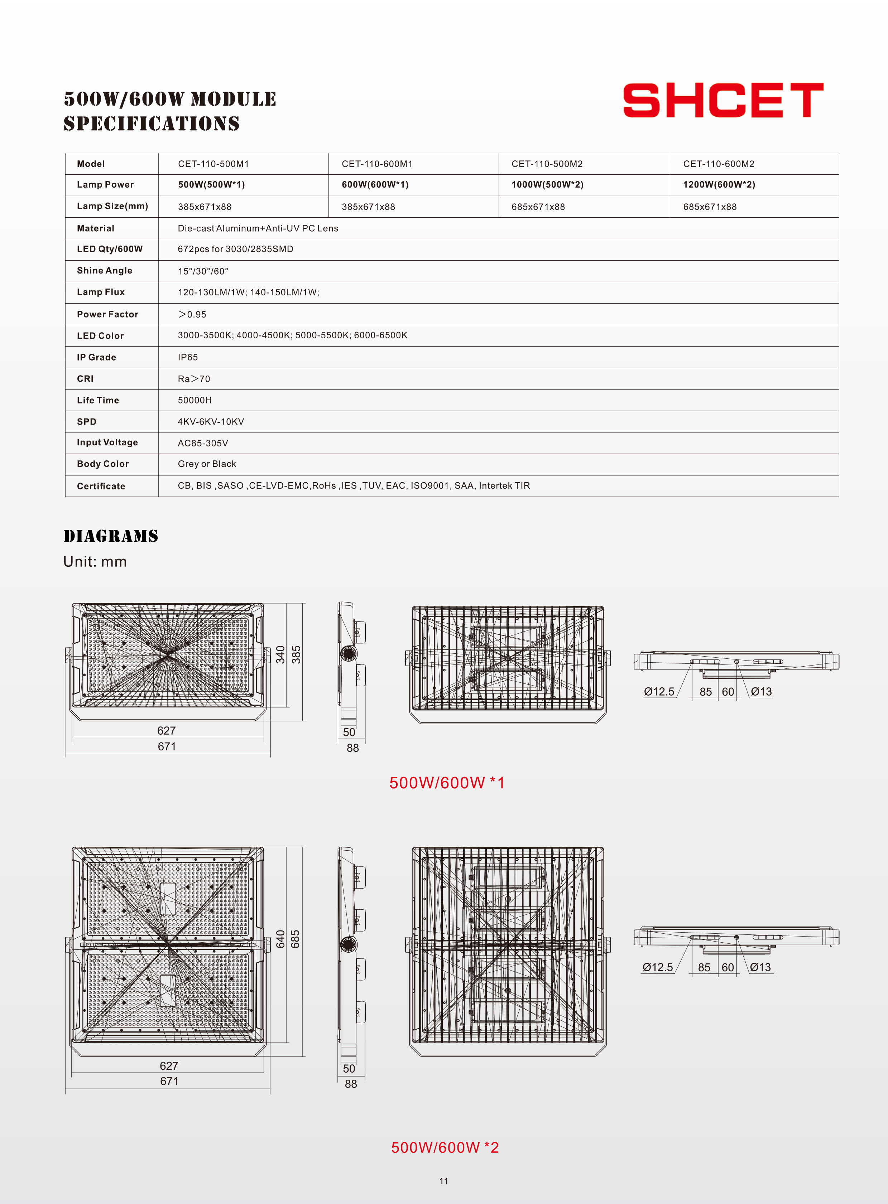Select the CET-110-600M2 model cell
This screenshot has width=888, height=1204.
[719, 164]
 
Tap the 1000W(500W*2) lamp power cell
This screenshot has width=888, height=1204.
[547, 185]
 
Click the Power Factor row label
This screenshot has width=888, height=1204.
[107, 314]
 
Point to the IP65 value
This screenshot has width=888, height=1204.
[188, 357]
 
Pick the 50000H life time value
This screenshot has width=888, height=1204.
[195, 400]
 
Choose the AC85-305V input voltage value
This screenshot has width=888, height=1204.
[203, 443]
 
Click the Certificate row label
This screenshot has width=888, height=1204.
[101, 486]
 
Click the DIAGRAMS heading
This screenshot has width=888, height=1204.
[111, 536]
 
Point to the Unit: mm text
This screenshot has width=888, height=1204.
[95, 562]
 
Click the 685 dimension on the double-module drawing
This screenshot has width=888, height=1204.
[295, 939]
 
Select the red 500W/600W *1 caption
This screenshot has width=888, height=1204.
[447, 783]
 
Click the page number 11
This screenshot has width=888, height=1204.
[443, 1181]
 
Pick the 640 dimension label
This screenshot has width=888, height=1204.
[280, 939]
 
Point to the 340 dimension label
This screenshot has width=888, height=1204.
[280, 654]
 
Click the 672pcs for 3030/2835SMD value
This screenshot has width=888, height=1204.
[235, 249]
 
